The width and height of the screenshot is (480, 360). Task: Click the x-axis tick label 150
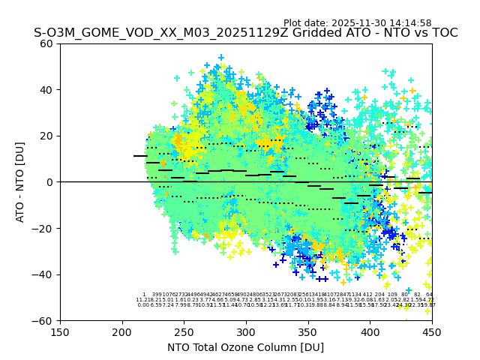point(60,331)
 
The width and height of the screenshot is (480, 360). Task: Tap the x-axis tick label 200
point(122,331)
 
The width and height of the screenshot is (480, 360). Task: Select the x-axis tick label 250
point(184,331)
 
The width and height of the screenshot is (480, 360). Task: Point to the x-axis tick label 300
point(246,331)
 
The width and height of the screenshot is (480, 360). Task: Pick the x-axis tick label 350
point(308,331)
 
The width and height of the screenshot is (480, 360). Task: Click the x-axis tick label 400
point(370,331)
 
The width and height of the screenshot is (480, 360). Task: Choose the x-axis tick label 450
point(432,331)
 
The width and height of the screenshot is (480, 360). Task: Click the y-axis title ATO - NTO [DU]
point(21,181)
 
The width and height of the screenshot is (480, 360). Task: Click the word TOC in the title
point(443,34)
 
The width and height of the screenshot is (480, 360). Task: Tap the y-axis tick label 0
point(51,182)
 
